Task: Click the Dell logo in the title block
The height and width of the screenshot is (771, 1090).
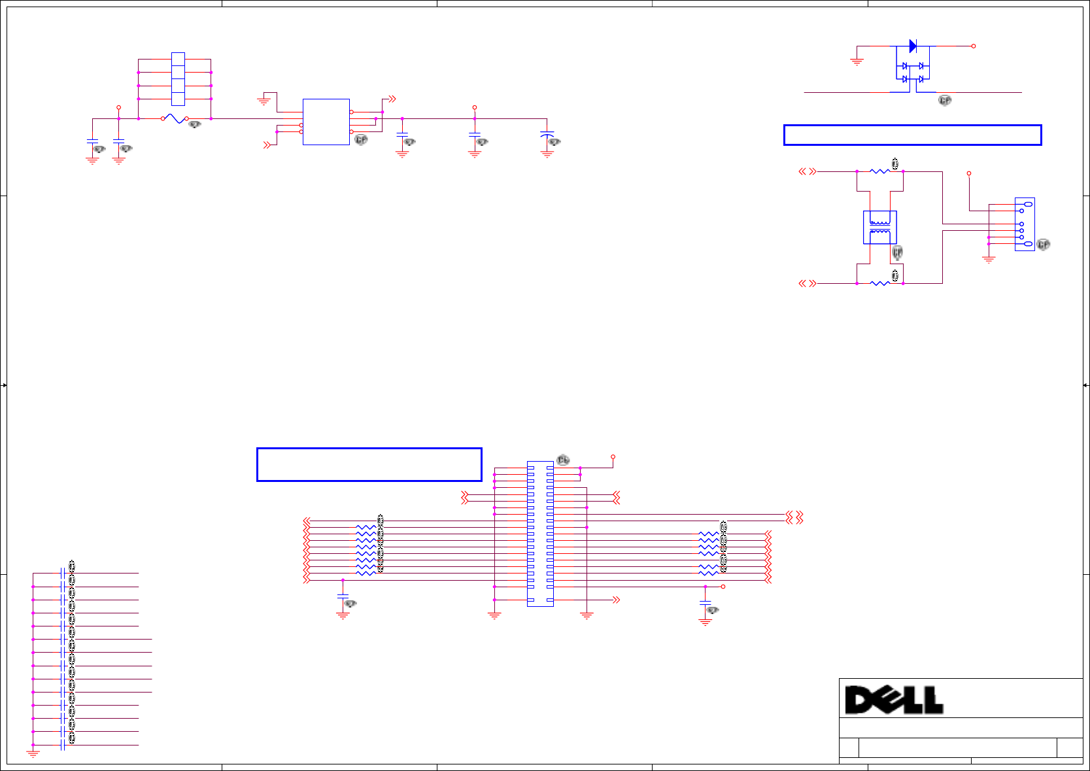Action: pos(894,700)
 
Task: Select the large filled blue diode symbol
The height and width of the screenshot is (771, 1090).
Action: pos(913,46)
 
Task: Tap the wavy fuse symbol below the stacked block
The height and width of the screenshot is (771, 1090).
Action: pos(175,118)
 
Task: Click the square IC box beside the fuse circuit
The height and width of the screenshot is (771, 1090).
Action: pos(326,122)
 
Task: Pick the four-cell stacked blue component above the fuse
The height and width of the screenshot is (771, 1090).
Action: pos(178,79)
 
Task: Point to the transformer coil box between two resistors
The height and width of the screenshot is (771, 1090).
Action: pos(879,228)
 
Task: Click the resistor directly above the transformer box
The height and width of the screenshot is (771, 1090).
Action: pos(879,171)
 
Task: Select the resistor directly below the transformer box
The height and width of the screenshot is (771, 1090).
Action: pos(879,283)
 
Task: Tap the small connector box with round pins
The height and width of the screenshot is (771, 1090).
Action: pos(1025,224)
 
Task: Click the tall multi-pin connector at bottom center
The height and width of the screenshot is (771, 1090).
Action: pos(540,534)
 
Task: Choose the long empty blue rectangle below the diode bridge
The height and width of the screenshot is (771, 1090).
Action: pos(912,135)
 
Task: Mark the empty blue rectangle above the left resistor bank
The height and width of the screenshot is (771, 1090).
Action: pos(369,464)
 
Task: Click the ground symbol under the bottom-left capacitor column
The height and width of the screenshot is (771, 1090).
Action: pos(33,754)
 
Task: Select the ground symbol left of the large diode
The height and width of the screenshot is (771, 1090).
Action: pos(857,62)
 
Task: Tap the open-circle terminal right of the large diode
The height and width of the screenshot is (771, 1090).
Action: pos(974,46)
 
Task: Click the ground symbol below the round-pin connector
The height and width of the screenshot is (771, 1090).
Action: pos(989,259)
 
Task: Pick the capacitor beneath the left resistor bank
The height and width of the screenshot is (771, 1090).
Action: pos(343,597)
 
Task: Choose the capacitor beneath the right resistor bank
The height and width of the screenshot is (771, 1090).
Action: pos(705,604)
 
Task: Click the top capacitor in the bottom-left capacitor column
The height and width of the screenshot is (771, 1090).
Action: pos(63,574)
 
